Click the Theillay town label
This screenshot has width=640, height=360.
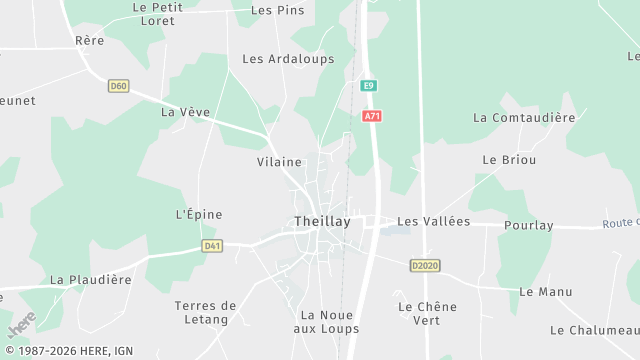point(322,222)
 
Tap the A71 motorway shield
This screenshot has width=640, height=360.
point(372,117)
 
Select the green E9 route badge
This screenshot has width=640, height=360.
point(369,86)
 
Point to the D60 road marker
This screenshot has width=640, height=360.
point(119,86)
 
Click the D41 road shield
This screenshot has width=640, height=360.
point(211,245)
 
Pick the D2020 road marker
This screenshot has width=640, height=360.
point(425,265)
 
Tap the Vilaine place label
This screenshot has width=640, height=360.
point(279,161)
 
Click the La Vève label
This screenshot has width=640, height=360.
point(185,112)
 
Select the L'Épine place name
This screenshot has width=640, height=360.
point(198,214)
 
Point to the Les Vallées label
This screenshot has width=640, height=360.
point(433,221)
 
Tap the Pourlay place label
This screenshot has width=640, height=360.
point(529,225)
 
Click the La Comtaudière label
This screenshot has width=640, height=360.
point(524,118)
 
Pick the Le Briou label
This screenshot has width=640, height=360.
point(509,160)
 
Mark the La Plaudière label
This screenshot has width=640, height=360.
point(91,280)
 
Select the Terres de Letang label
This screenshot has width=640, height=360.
point(205,312)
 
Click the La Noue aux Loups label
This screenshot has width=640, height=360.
point(329,321)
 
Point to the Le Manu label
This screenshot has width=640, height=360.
point(546,291)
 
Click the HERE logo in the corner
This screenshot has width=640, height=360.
point(21,326)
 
